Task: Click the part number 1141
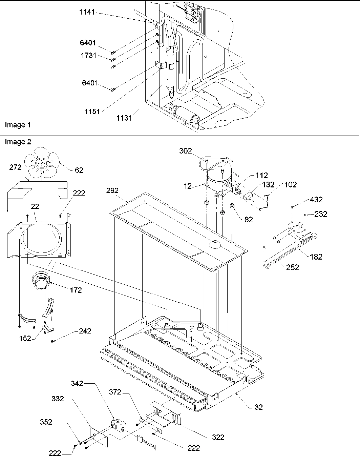click(x=88, y=13)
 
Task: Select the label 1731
click(x=88, y=56)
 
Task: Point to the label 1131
click(x=125, y=118)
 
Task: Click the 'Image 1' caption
click(x=18, y=125)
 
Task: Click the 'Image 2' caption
click(x=18, y=142)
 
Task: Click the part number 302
click(x=186, y=151)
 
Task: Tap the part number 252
click(x=292, y=267)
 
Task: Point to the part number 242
click(x=85, y=331)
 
